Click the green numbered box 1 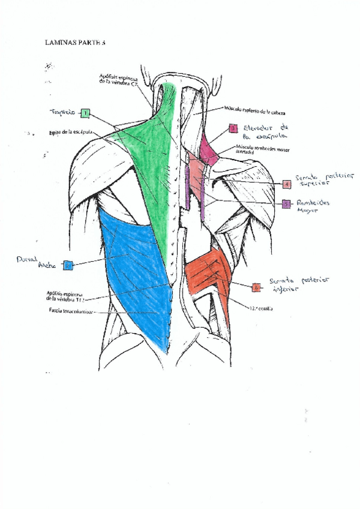86,112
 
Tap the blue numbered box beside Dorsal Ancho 68,264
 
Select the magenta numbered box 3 233,128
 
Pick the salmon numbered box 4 287,183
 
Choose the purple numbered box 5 287,204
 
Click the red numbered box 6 257,287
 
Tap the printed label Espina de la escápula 71,132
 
